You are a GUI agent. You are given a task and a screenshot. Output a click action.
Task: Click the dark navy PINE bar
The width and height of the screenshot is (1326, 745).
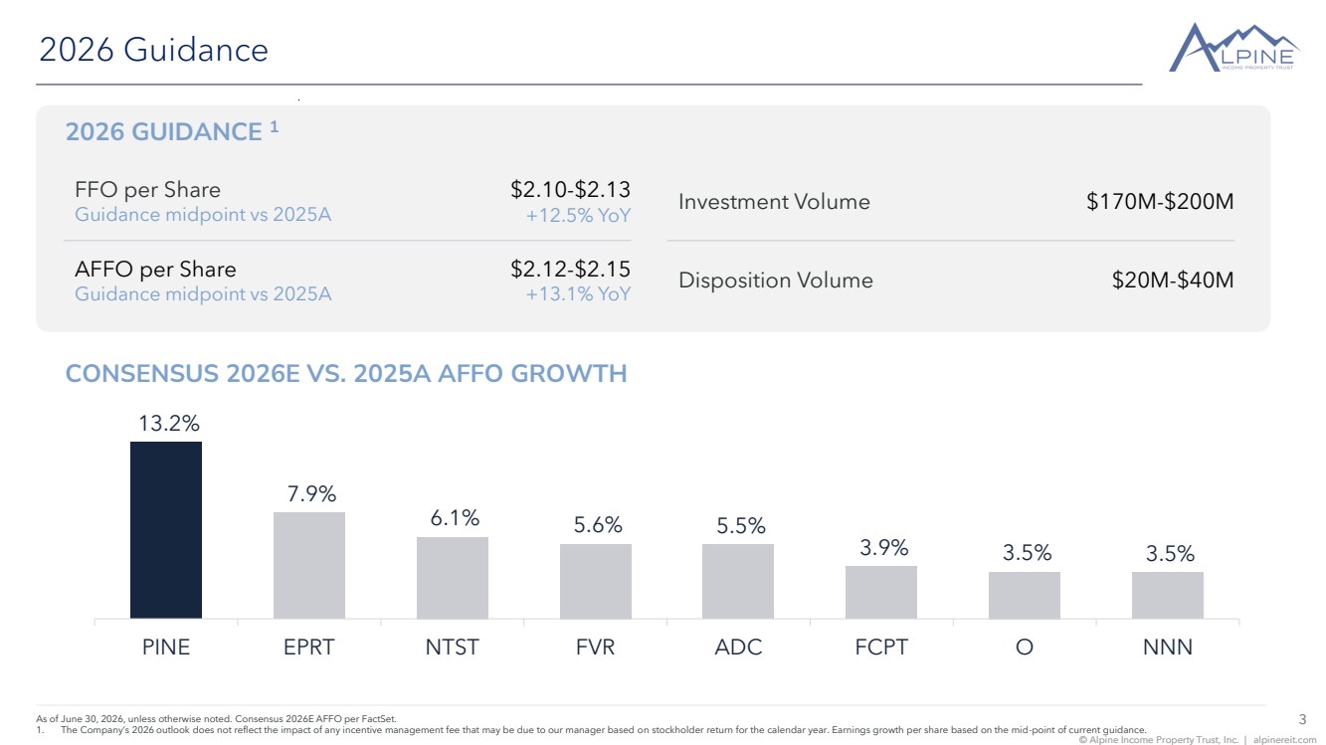(x=166, y=529)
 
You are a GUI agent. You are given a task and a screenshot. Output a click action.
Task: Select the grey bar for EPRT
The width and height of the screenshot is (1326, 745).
(x=309, y=565)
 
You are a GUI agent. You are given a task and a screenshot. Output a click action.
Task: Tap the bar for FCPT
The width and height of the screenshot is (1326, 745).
(x=880, y=593)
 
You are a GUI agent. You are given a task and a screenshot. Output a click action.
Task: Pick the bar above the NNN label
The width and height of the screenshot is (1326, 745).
(x=1168, y=595)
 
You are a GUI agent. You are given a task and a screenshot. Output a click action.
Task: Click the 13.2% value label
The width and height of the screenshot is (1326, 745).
(x=169, y=423)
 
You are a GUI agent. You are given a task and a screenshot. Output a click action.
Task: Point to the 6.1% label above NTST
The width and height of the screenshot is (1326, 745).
(x=455, y=518)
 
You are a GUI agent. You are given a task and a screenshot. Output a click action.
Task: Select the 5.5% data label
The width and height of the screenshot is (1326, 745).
(x=740, y=525)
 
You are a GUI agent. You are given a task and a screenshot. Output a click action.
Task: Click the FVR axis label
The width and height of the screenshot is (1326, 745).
(x=596, y=647)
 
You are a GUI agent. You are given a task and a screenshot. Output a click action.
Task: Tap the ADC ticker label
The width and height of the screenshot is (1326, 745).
(x=738, y=647)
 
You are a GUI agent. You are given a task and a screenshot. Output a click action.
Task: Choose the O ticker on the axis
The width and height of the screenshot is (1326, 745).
(x=1025, y=647)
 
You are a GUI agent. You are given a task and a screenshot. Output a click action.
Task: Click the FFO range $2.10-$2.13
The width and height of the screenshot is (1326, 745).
(x=570, y=189)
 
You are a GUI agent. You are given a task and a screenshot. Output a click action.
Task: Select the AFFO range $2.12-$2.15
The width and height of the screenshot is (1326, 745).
(x=570, y=269)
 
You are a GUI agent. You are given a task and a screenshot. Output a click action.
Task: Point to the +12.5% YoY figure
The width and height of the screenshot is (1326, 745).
(x=578, y=216)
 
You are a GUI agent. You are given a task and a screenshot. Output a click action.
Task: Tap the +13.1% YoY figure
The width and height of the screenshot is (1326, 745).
(x=578, y=294)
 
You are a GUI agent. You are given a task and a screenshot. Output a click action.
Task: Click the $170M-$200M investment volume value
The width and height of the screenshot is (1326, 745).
(x=1160, y=201)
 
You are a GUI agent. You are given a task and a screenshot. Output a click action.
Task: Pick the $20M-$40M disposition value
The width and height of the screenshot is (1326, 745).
(x=1173, y=279)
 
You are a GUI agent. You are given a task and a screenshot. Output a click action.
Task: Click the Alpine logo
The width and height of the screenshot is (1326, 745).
(x=1234, y=48)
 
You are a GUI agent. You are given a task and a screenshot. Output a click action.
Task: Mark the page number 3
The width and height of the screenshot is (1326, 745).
(x=1302, y=719)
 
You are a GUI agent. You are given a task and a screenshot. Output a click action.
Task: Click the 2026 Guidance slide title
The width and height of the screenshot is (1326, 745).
(x=154, y=49)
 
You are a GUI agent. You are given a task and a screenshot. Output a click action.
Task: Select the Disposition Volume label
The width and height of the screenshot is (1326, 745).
(x=776, y=279)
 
